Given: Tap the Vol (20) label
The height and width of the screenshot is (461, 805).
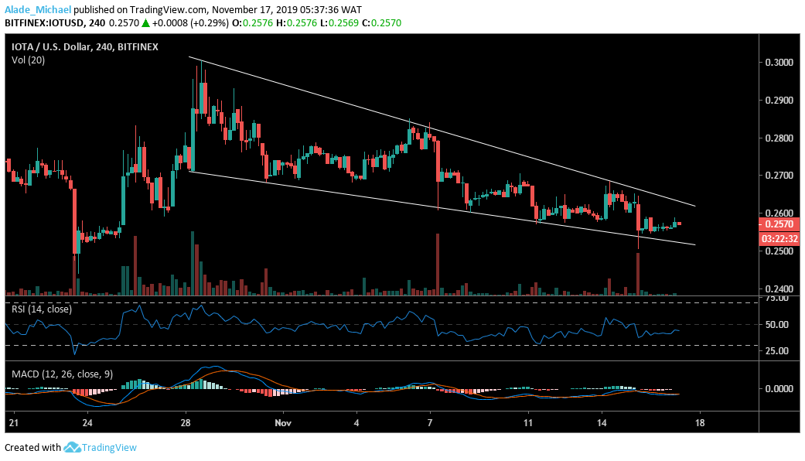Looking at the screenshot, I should [29, 60].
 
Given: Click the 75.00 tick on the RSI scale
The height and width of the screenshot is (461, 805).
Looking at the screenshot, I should [779, 303].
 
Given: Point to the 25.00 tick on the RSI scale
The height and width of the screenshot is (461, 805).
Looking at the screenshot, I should [779, 350].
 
